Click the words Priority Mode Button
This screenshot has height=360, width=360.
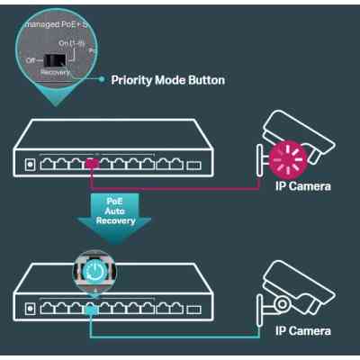point(167,80)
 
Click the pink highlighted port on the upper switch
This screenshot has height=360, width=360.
point(91,164)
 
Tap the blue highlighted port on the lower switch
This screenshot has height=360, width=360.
point(91,307)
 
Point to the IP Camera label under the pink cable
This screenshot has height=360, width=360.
point(302,187)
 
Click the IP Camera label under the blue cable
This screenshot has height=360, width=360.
point(302,331)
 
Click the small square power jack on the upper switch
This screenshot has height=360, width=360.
point(31,165)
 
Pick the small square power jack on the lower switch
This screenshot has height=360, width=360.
point(31,309)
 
